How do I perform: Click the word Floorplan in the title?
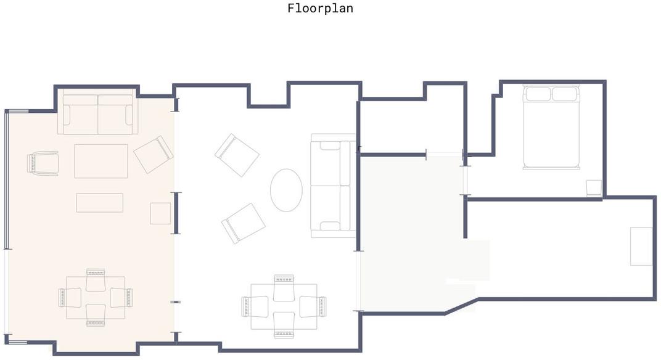coord(321,9)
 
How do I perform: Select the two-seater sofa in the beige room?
coord(98,114)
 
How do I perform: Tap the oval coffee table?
coord(286,190)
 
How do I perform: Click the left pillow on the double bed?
coord(538,94)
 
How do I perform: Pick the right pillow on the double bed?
coord(565,94)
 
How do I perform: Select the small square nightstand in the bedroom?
coord(594,188)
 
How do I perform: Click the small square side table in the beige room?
coord(160,213)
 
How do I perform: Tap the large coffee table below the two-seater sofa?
coord(101,161)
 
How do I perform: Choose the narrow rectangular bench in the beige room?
coord(100,202)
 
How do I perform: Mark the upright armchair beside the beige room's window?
coord(43,163)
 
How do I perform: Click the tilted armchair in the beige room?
coord(154,154)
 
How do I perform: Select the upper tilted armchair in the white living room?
coord(237,155)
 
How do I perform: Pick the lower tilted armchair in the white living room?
coord(243,223)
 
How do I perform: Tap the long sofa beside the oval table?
coord(333,186)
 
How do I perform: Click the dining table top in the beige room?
coord(96,298)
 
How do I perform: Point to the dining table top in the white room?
coord(284,306)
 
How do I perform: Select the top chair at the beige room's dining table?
coord(96,280)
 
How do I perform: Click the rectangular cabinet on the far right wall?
coord(641,246)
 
